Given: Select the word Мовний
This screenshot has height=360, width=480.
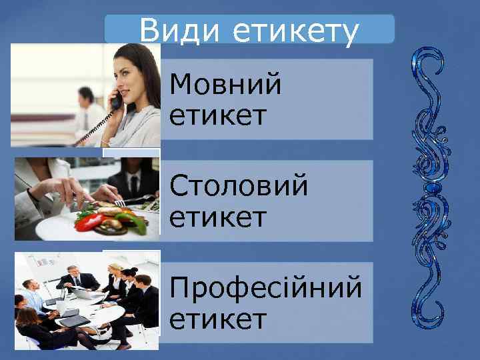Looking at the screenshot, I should (226, 86).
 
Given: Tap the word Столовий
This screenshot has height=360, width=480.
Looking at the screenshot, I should (239, 187).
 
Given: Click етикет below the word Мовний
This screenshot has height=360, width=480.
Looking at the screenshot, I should (218, 116).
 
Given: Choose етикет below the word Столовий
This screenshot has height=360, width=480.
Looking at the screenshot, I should (218, 217).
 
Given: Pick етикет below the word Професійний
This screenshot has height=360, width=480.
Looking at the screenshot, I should (218, 319).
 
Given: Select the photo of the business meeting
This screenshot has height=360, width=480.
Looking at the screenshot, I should (87, 300).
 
